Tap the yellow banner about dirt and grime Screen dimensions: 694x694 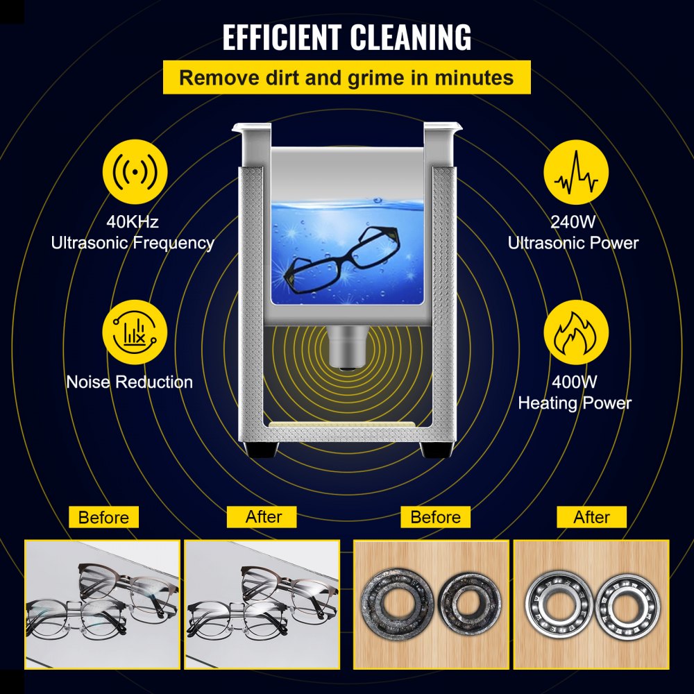coord(346,77)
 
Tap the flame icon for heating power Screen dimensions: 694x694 coord(575,332)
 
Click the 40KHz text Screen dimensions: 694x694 coord(132,222)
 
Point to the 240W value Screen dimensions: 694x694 coord(573,222)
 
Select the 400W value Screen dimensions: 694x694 coord(575,382)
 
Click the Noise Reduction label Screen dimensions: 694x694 coord(130,382)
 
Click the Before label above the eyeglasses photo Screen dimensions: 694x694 coord(103,517)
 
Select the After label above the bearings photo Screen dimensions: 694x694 coord(592,517)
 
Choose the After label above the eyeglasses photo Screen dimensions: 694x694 coord(263,517)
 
